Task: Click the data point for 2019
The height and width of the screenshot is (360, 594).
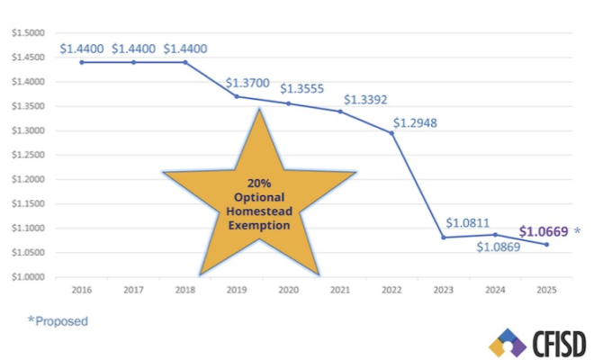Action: point(237,96)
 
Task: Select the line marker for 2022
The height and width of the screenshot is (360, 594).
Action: point(391,133)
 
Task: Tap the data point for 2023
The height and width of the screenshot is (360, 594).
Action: point(443,238)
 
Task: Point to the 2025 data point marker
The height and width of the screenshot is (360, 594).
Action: point(545,244)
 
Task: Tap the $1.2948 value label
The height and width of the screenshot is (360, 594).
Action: point(415,123)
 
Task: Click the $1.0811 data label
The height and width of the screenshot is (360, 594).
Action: point(469,222)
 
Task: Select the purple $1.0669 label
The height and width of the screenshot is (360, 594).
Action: point(543,231)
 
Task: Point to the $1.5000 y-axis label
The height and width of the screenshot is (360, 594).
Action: point(27,33)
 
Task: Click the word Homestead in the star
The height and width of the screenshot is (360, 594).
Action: point(258,211)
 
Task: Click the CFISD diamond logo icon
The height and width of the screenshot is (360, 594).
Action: point(507,343)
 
